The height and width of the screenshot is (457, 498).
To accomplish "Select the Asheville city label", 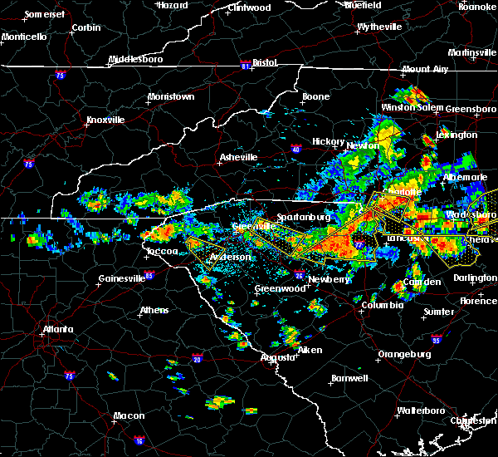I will click(x=239, y=156).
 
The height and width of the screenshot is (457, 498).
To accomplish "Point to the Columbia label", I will click(x=382, y=305).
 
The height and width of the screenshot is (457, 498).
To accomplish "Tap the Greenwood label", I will click(x=276, y=288).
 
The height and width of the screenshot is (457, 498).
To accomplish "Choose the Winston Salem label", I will click(x=411, y=108).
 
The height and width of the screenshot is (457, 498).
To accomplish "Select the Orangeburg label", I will click(x=404, y=354).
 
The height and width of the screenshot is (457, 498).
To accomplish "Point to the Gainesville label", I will click(x=122, y=278).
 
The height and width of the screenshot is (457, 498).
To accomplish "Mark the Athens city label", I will click(x=154, y=310).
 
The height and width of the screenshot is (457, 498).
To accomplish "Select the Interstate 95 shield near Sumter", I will click(x=437, y=339).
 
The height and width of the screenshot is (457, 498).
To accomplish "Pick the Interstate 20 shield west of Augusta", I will click(x=197, y=359).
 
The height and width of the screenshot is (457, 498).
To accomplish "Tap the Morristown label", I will click(x=170, y=96).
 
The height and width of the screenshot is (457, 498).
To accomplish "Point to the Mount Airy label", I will click(x=425, y=69).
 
